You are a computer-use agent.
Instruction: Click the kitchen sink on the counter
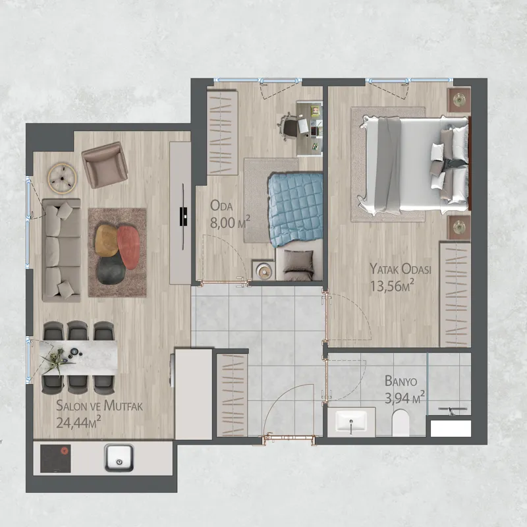(119, 457)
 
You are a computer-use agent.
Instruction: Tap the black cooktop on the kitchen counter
(55, 458)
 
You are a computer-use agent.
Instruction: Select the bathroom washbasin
(351, 422)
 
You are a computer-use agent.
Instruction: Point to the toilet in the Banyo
(401, 422)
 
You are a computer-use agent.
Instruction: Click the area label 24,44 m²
(78, 422)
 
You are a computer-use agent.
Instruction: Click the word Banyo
(401, 381)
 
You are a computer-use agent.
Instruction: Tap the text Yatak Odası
(401, 269)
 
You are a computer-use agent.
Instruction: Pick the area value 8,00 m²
(230, 223)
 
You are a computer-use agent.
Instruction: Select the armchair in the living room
(105, 165)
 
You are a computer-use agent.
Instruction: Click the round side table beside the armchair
(62, 178)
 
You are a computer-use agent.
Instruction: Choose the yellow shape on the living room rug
(107, 240)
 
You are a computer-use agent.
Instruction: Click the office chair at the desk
(288, 126)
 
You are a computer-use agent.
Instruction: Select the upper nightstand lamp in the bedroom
(458, 99)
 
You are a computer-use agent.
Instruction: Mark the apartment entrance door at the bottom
(289, 437)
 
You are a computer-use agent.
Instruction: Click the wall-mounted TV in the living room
(183, 216)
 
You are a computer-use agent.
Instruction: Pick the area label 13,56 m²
(392, 286)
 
